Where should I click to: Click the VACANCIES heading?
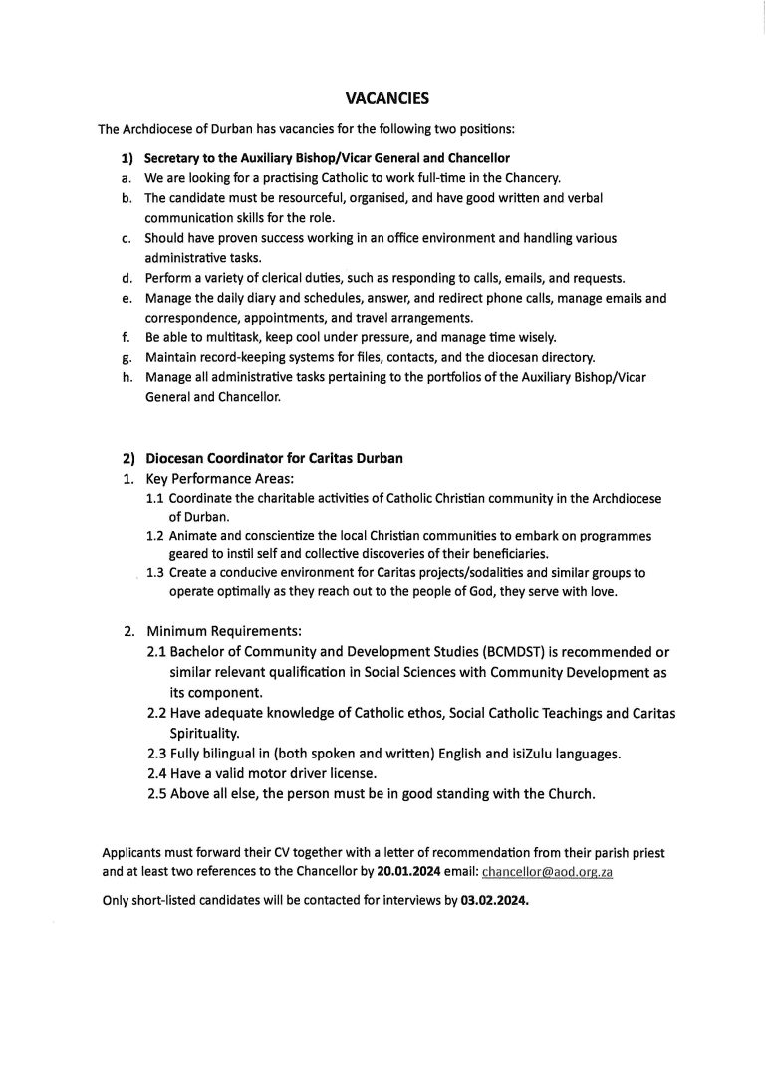386,98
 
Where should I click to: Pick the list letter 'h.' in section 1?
127,377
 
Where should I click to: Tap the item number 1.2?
155,536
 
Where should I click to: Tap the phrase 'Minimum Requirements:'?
223,631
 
